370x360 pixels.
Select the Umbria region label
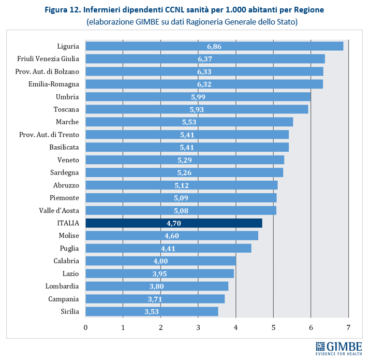tap(67, 97)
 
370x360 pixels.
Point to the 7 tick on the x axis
tap(349, 327)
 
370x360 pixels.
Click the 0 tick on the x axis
tap(85, 327)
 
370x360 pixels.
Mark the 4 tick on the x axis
tap(236, 327)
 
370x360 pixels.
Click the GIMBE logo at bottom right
tap(338, 347)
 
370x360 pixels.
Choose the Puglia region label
tap(69, 248)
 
